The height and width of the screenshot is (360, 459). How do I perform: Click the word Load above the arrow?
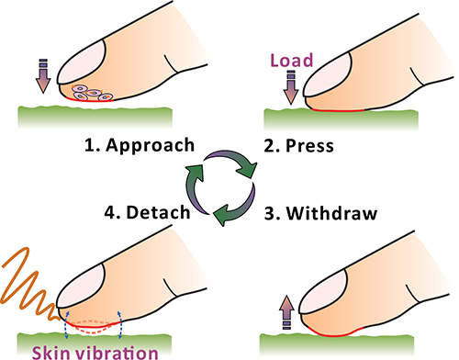coord(292,61)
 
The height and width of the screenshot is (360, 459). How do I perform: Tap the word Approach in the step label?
coord(150,145)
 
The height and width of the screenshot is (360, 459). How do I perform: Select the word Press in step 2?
coord(309,146)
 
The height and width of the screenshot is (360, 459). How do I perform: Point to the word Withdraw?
coord(331,213)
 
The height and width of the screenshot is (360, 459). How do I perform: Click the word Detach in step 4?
coord(158,212)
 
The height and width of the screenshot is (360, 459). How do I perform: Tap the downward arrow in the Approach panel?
coord(43,76)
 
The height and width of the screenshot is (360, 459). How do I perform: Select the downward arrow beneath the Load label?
coord(291,87)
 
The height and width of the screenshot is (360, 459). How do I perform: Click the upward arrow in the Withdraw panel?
coord(286,312)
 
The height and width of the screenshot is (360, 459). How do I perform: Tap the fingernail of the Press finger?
coord(328,74)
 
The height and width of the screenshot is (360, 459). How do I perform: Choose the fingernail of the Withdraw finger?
coord(323,292)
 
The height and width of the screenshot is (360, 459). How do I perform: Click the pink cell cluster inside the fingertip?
coord(93,93)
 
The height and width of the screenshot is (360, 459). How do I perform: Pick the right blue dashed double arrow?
coord(120,325)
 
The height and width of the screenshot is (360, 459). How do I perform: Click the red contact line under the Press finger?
coord(338,110)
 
